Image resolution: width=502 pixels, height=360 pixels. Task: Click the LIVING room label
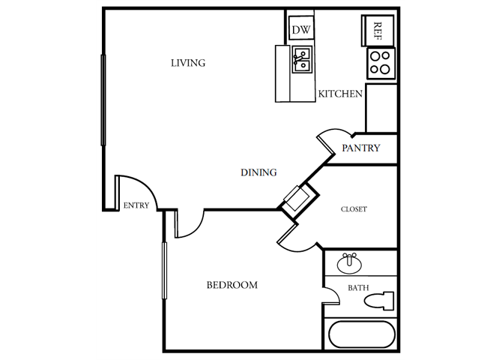pyautogui.click(x=187, y=63)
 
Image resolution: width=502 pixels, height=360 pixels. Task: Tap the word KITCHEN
pyautogui.click(x=341, y=94)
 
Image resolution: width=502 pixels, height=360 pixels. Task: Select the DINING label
pyautogui.click(x=258, y=172)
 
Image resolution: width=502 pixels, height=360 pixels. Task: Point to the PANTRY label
pyautogui.click(x=361, y=148)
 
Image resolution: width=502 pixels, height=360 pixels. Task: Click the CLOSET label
pyautogui.click(x=354, y=209)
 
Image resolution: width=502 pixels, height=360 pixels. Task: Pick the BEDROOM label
pyautogui.click(x=232, y=285)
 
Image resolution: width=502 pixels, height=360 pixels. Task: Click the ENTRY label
pyautogui.click(x=136, y=205)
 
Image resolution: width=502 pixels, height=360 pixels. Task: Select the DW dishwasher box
pyautogui.click(x=301, y=30)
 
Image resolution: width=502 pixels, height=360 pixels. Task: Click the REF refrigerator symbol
pyautogui.click(x=378, y=30)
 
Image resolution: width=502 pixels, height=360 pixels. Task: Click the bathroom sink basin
pyautogui.click(x=349, y=265)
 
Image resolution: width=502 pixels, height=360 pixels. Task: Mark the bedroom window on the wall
pyautogui.click(x=163, y=272)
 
